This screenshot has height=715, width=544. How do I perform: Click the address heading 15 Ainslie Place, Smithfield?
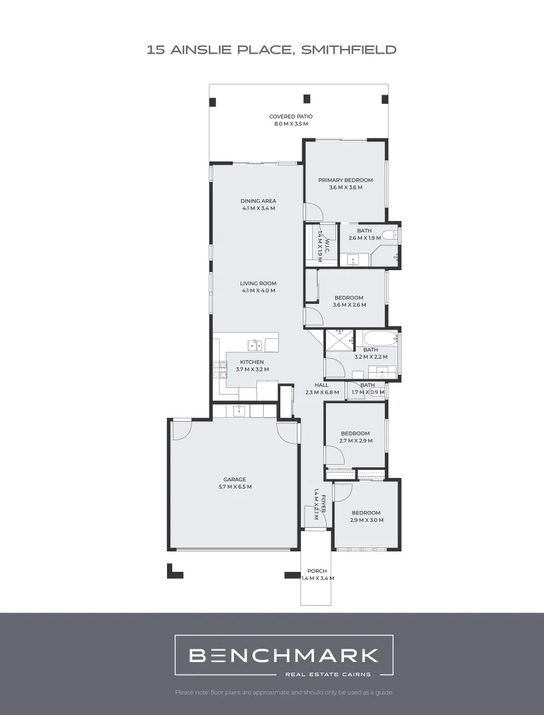coord(272,50)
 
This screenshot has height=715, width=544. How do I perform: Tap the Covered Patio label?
coord(291,120)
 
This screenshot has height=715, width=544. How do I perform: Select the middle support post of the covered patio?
coord(307,99)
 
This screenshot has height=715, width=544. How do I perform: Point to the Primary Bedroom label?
coord(345,183)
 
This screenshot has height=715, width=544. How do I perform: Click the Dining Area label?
coord(258,205)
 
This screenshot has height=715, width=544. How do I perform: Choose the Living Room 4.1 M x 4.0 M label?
coord(258,287)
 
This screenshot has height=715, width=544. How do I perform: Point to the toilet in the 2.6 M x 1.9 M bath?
coord(392,234)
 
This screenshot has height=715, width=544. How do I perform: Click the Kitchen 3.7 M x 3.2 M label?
coord(252,365)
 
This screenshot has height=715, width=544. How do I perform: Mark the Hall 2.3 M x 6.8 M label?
coord(322,389)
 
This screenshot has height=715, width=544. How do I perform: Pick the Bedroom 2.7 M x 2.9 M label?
coord(355,437)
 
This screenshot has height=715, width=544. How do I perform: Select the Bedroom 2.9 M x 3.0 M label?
coord(366,516)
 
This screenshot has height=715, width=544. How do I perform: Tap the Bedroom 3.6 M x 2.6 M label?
coord(349,301)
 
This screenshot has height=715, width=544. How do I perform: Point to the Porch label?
coord(317,574)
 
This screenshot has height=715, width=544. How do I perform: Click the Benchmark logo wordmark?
coord(284,655)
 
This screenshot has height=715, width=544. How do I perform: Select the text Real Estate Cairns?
coord(327,675)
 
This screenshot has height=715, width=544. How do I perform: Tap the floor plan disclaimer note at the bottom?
coord(284,692)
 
